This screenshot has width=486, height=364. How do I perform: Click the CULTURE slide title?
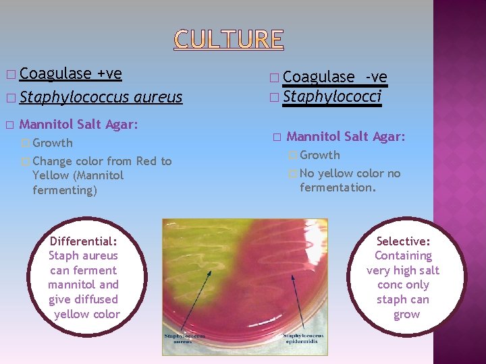[229, 40]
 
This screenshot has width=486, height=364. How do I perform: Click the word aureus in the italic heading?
[158, 97]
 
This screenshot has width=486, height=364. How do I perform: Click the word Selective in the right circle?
[403, 241]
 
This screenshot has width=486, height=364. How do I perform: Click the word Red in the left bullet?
[146, 161]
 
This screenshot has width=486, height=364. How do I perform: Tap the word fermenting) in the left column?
[65, 190]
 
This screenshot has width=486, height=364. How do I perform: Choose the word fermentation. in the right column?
[338, 187]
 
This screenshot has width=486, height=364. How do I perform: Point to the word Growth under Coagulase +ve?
[53, 143]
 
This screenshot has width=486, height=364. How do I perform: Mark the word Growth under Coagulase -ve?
[320, 155]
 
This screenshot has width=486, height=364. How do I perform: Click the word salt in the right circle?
[425, 270]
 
